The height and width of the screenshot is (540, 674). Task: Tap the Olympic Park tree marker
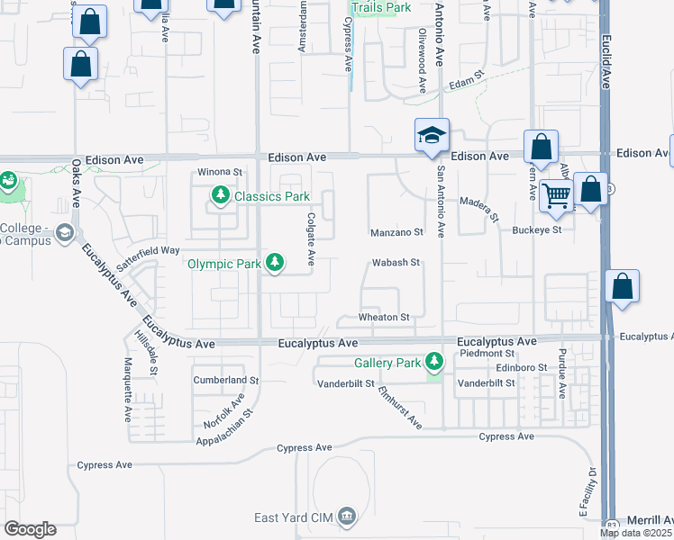[276, 264]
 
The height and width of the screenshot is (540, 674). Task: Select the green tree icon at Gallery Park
[435, 363]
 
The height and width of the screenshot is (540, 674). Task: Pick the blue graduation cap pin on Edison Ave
[432, 136]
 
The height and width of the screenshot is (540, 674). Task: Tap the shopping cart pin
[557, 194]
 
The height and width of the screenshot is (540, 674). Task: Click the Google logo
[30, 529]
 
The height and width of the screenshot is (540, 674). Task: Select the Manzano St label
[396, 233]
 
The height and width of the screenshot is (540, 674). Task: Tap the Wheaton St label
[385, 318]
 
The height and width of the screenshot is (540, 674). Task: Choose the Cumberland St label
[226, 381]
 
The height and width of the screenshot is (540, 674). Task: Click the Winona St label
[221, 172]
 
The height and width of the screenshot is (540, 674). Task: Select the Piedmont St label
[487, 354]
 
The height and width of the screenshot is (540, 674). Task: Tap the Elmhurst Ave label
[400, 408]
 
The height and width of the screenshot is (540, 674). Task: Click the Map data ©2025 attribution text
[635, 533]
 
